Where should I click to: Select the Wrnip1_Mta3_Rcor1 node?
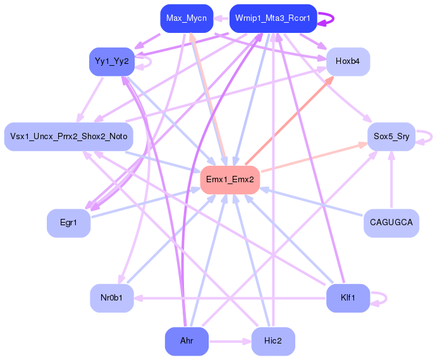273,18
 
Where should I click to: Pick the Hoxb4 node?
348,61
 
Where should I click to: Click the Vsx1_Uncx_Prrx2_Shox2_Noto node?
68,137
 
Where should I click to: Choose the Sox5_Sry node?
391,137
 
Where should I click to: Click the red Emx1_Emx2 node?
230,180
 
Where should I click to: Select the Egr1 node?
68,223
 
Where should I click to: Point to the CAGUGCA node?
391,223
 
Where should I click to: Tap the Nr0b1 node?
112,298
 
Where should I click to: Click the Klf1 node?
348,298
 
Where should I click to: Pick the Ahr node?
187,341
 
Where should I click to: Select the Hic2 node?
273,341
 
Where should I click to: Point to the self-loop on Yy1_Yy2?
149,61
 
